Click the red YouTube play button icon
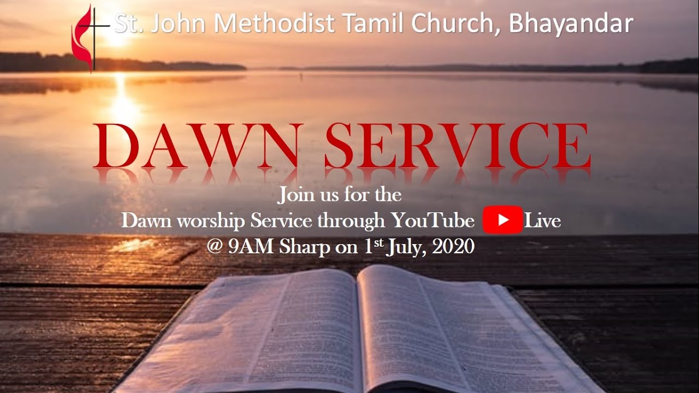[x=502, y=221]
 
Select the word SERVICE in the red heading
[x=457, y=146]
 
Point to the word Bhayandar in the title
[x=571, y=25]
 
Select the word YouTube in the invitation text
[x=433, y=221]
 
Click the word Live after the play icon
[x=542, y=221]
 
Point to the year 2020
[x=453, y=247]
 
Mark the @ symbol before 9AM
[x=215, y=247]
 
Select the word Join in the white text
[x=294, y=195]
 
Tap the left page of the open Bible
[x=257, y=333]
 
